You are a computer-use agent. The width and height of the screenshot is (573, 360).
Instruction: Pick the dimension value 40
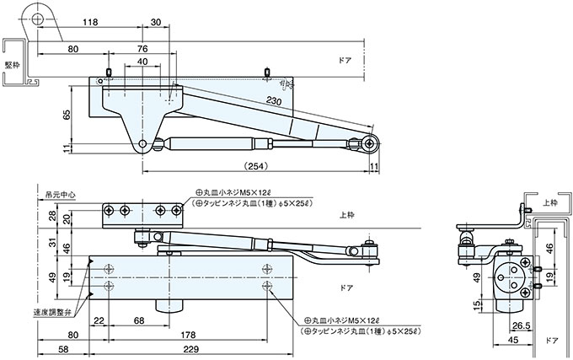coord(142,62)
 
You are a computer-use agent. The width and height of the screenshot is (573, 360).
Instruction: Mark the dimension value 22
coord(99,320)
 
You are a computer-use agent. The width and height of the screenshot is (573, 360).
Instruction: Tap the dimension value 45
coord(511,341)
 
